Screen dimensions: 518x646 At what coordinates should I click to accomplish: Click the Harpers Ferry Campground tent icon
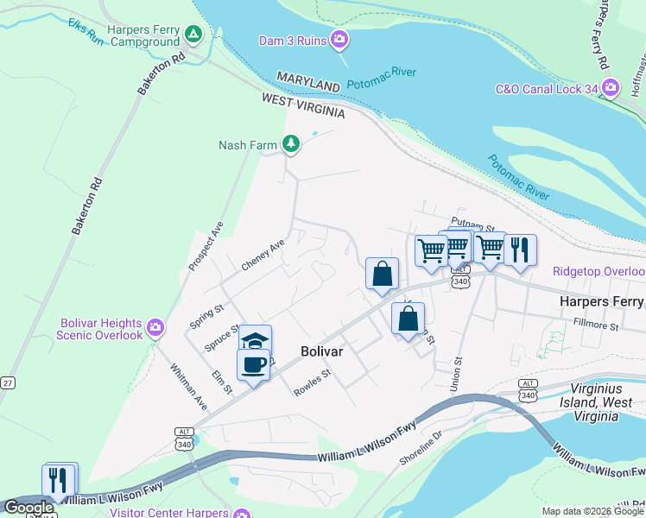point(193,35)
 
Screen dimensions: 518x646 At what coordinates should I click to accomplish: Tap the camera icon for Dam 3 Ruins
point(339,39)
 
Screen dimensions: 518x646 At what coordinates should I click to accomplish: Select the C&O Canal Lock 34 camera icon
point(611,87)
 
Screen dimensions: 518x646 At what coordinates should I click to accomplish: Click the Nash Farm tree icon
point(292,143)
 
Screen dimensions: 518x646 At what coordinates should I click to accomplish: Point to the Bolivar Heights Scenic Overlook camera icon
point(155,326)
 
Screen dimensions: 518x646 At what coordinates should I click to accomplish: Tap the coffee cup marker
point(253,364)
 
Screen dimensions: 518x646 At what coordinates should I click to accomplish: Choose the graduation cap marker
point(256,340)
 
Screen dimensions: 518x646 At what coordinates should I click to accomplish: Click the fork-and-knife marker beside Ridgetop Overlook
point(520,250)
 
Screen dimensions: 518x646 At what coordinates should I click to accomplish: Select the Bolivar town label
point(322,351)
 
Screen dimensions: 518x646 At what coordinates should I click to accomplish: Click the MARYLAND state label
point(308,83)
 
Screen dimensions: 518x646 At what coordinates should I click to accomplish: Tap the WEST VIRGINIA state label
point(303,106)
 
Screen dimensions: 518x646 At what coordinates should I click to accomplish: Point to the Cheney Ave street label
point(263,256)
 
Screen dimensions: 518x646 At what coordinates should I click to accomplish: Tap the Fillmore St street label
point(596,326)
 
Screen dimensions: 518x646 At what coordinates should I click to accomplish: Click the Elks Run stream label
point(86,31)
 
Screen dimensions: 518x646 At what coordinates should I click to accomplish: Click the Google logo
point(28,508)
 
